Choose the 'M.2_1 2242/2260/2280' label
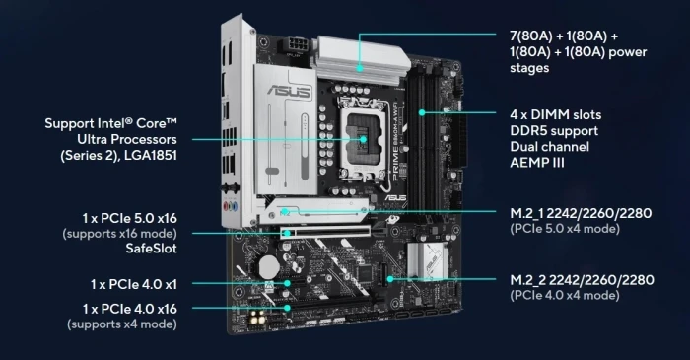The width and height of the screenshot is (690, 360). [x=573, y=213]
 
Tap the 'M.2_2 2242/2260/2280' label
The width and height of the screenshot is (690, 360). [x=573, y=279]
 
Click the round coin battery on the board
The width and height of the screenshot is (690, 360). [x=266, y=265]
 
